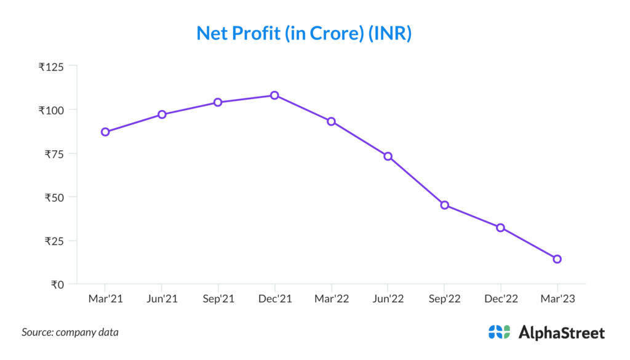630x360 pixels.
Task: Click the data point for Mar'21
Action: point(105,132)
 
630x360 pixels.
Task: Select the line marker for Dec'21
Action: point(275,95)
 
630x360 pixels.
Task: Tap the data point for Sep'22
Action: point(444,205)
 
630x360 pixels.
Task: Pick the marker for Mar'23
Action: point(557,259)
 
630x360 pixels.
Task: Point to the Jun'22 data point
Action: point(388,156)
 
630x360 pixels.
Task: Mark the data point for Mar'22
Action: point(331,121)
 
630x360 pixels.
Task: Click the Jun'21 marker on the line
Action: point(162,114)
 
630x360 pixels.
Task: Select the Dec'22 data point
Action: point(501,228)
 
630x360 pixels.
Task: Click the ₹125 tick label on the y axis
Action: point(51,66)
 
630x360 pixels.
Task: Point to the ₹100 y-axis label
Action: point(51,110)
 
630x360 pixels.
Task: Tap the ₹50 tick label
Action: point(54,197)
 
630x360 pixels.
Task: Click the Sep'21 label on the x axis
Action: point(218,299)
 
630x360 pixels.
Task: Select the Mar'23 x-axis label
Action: point(557,299)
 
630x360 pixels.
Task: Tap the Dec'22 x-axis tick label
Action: point(501,299)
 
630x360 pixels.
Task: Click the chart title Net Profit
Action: point(303,33)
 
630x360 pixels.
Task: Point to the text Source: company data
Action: point(70,332)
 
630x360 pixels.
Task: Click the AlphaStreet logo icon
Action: point(499,332)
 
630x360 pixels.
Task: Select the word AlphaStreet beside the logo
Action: point(562,333)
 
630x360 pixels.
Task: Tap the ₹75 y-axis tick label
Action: point(54,154)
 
